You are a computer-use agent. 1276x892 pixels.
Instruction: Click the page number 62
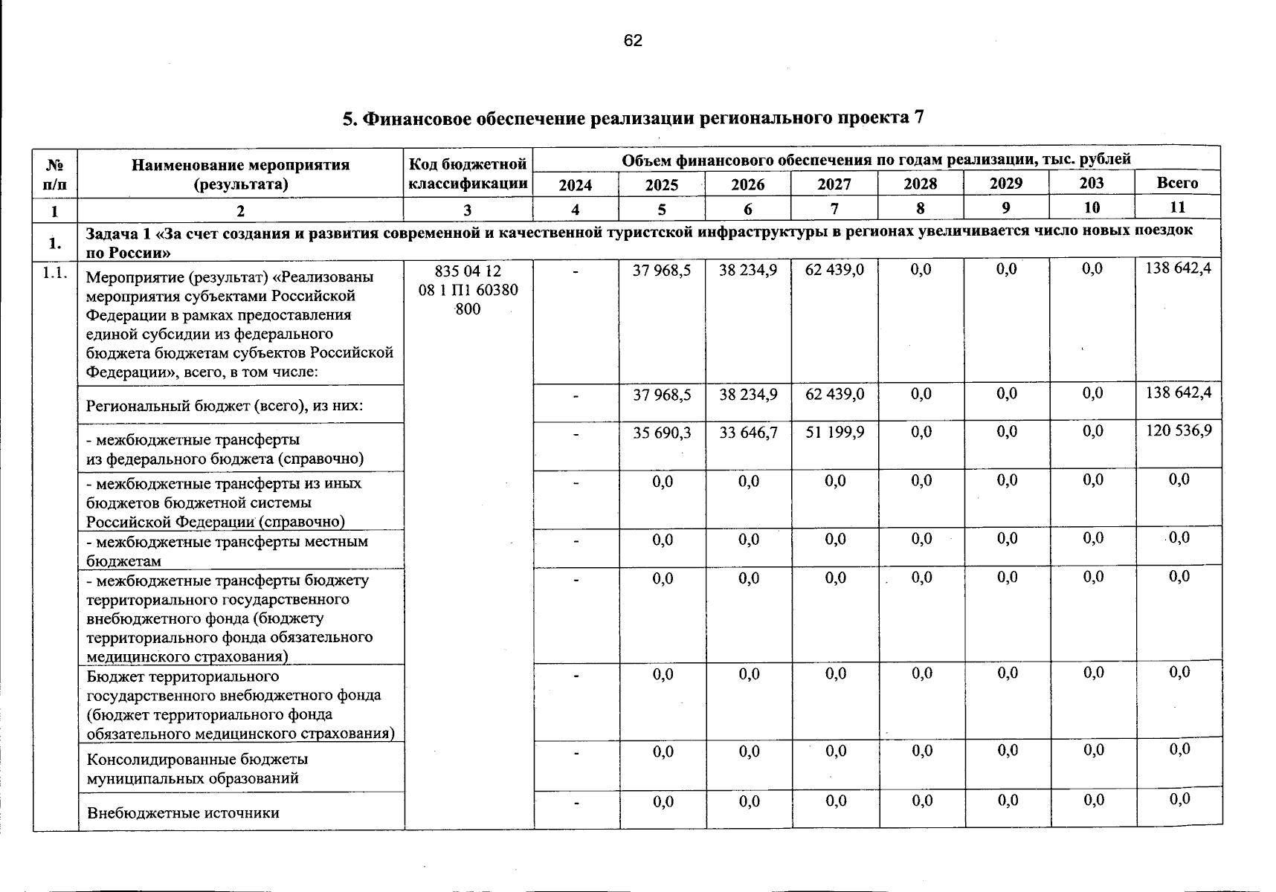pos(633,41)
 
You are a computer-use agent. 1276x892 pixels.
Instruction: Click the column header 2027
pos(834,184)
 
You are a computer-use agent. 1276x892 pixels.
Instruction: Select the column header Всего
pos(1178,183)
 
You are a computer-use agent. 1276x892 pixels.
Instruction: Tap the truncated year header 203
pos(1092,183)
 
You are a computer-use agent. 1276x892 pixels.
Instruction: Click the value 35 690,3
pos(662,431)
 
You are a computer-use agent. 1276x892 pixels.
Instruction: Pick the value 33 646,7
pos(748,431)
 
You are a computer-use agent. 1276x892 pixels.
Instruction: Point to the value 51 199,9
pos(834,431)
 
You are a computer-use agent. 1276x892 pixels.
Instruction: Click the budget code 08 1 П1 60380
pos(468,290)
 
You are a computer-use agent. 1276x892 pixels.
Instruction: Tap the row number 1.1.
pos(55,273)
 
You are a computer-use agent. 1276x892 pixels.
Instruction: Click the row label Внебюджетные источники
pos(183,812)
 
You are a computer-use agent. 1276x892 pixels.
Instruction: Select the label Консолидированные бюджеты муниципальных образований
pos(197,769)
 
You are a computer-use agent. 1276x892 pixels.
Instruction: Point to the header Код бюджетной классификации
pos(468,173)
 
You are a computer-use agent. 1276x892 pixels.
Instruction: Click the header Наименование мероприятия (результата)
pos(240,174)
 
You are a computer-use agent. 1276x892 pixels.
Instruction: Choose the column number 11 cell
pos(1178,207)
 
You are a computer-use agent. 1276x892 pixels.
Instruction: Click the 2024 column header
pos(576,184)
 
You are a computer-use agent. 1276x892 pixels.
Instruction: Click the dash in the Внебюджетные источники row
pos(576,802)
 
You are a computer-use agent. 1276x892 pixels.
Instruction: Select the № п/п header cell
pos(54,174)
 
